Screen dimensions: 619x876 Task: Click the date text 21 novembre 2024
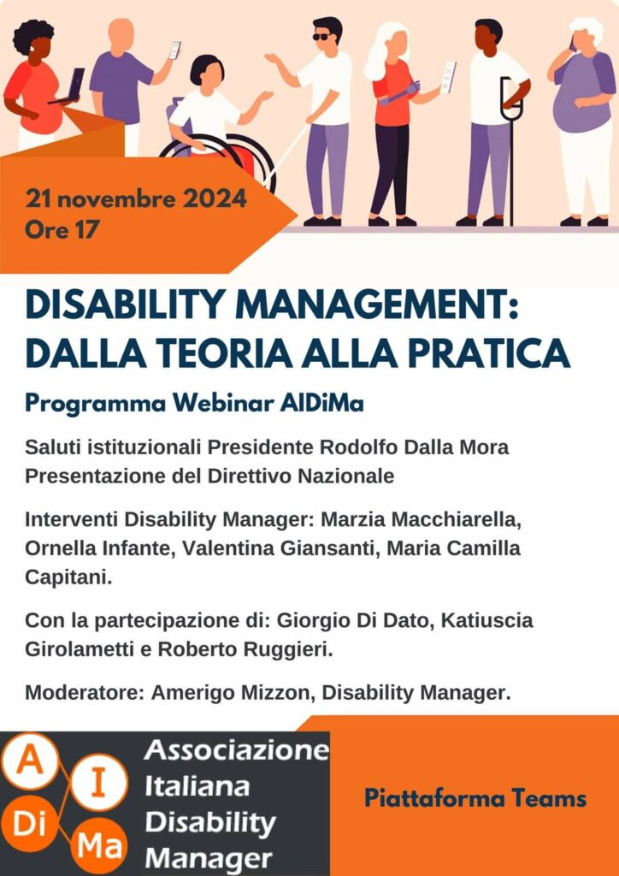[x=136, y=198]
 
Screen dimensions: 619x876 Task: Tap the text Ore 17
[x=62, y=229]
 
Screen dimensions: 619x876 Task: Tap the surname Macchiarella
[x=457, y=519]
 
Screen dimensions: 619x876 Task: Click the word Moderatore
[x=85, y=693]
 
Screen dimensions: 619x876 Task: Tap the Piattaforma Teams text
[x=475, y=798]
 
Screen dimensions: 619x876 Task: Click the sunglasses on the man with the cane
[x=321, y=36]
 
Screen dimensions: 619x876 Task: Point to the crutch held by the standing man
[x=510, y=151]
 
